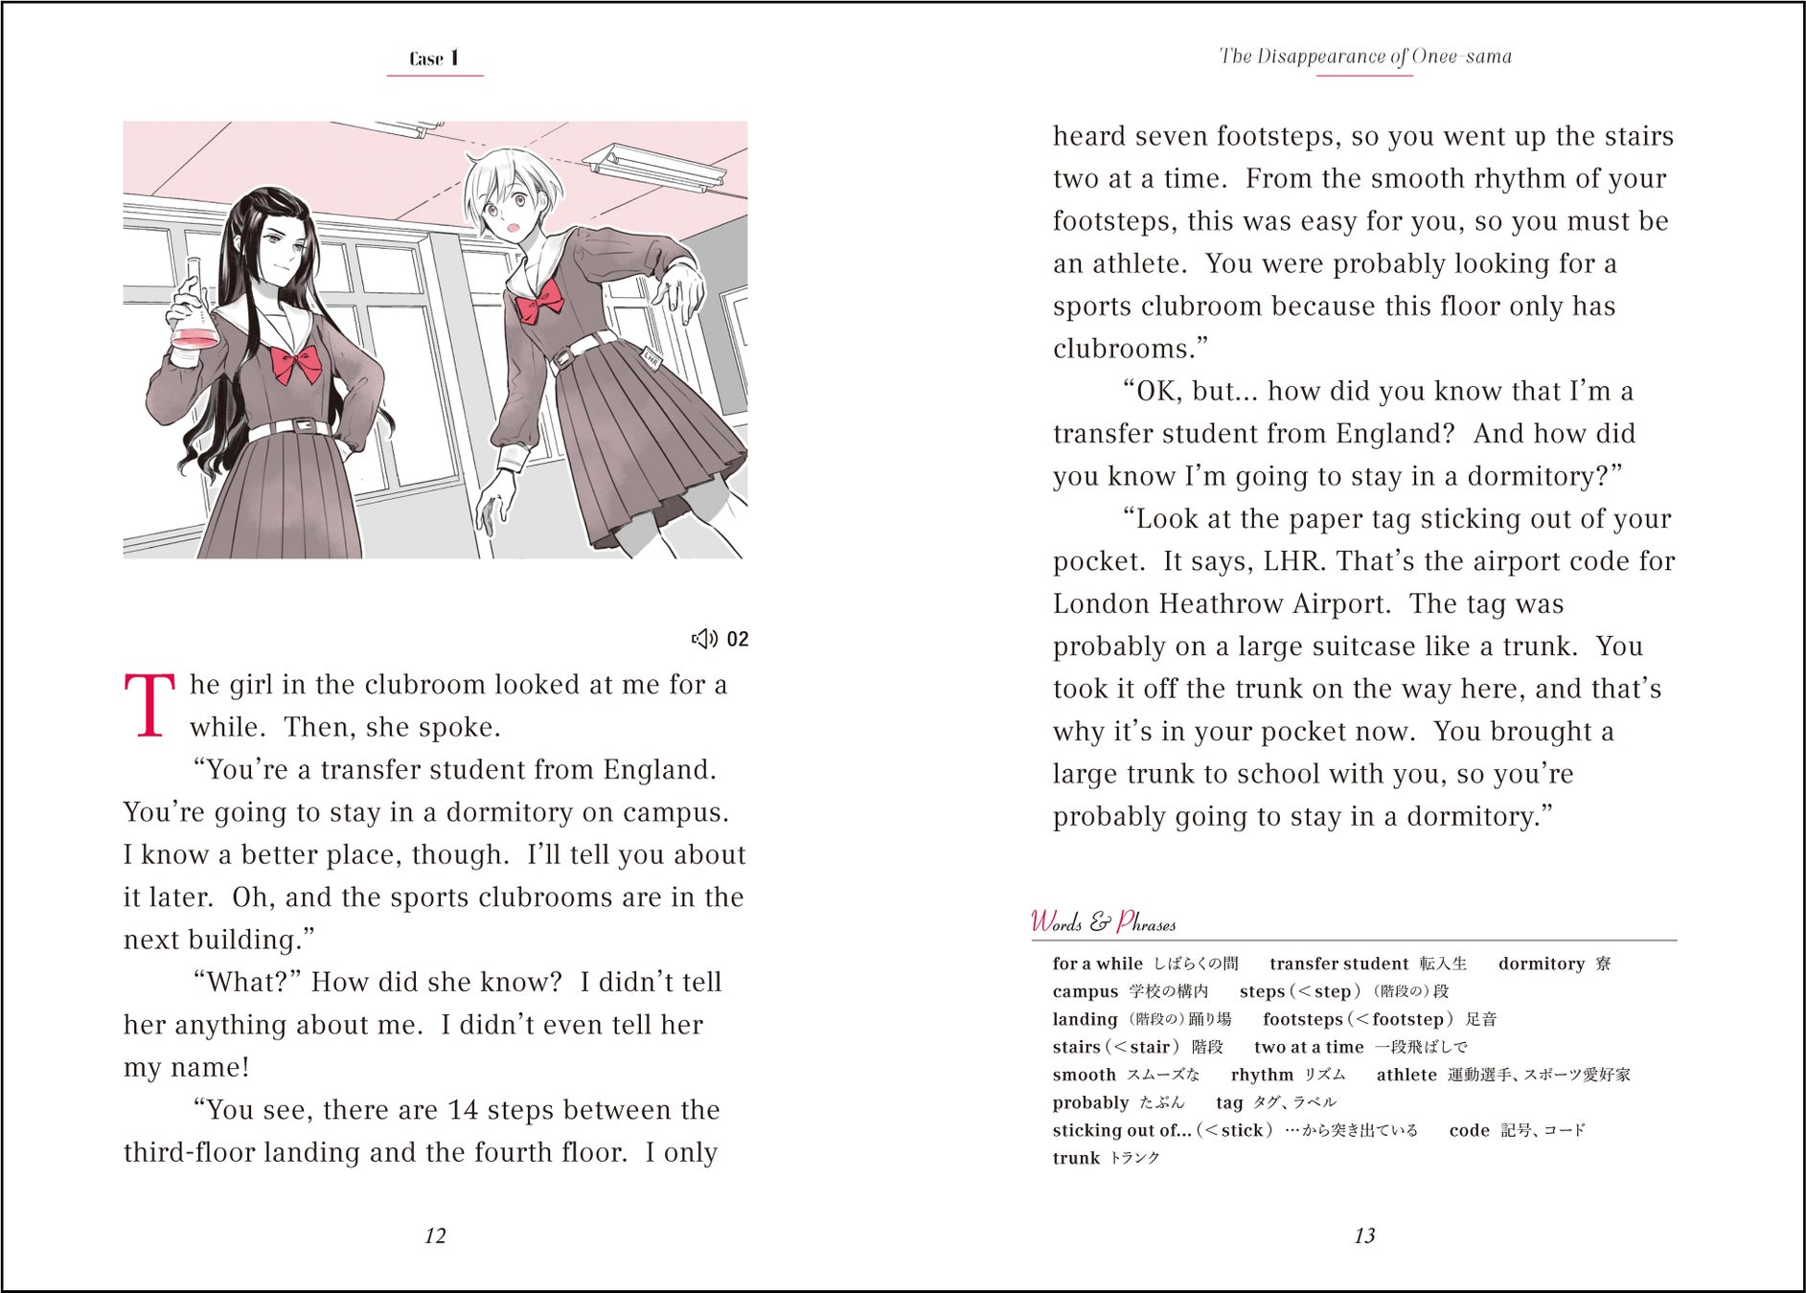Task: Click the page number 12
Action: (x=435, y=1236)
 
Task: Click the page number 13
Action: (x=1364, y=1236)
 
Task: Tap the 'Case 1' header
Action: (x=434, y=58)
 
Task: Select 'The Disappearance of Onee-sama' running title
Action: (x=1365, y=57)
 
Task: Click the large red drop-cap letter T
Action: (x=149, y=705)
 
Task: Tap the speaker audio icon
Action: (x=704, y=639)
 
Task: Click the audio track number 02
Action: (x=738, y=639)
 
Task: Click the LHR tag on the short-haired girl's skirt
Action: (x=652, y=359)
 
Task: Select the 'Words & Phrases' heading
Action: (x=1103, y=922)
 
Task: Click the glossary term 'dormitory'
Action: (x=1541, y=964)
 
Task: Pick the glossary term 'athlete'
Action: (x=1406, y=1075)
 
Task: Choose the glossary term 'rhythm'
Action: (x=1262, y=1075)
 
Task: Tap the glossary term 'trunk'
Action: (x=1076, y=1158)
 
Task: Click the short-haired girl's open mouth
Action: (x=513, y=228)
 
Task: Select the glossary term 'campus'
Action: (x=1085, y=991)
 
